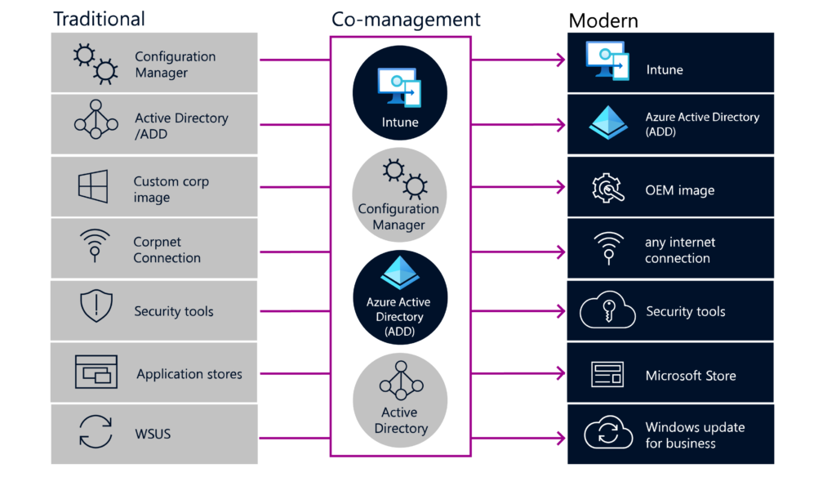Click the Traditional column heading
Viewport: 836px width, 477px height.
pyautogui.click(x=99, y=19)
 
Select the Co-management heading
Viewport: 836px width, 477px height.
pyautogui.click(x=406, y=20)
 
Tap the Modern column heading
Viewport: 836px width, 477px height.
pyautogui.click(x=603, y=20)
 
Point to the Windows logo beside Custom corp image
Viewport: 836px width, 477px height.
pyautogui.click(x=93, y=187)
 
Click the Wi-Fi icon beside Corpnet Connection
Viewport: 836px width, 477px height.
pyautogui.click(x=95, y=246)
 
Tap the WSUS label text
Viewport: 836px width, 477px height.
pyautogui.click(x=152, y=434)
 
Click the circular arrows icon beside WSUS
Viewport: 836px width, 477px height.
pyautogui.click(x=95, y=432)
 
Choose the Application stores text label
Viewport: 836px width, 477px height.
pyautogui.click(x=189, y=374)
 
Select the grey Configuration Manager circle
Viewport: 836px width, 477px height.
pyautogui.click(x=400, y=194)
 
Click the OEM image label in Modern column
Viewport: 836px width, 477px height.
pyautogui.click(x=679, y=190)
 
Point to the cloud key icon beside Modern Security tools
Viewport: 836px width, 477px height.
pyautogui.click(x=607, y=311)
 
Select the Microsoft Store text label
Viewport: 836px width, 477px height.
pyautogui.click(x=690, y=376)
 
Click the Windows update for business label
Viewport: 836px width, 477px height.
pyautogui.click(x=694, y=435)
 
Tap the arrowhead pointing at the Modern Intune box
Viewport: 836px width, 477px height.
pyautogui.click(x=561, y=60)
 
